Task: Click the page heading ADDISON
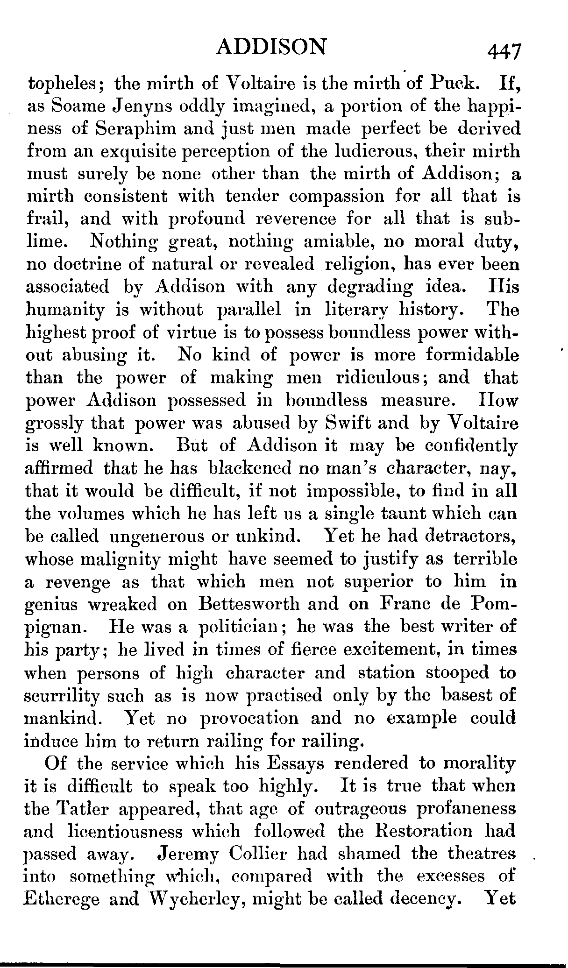[272, 47]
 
